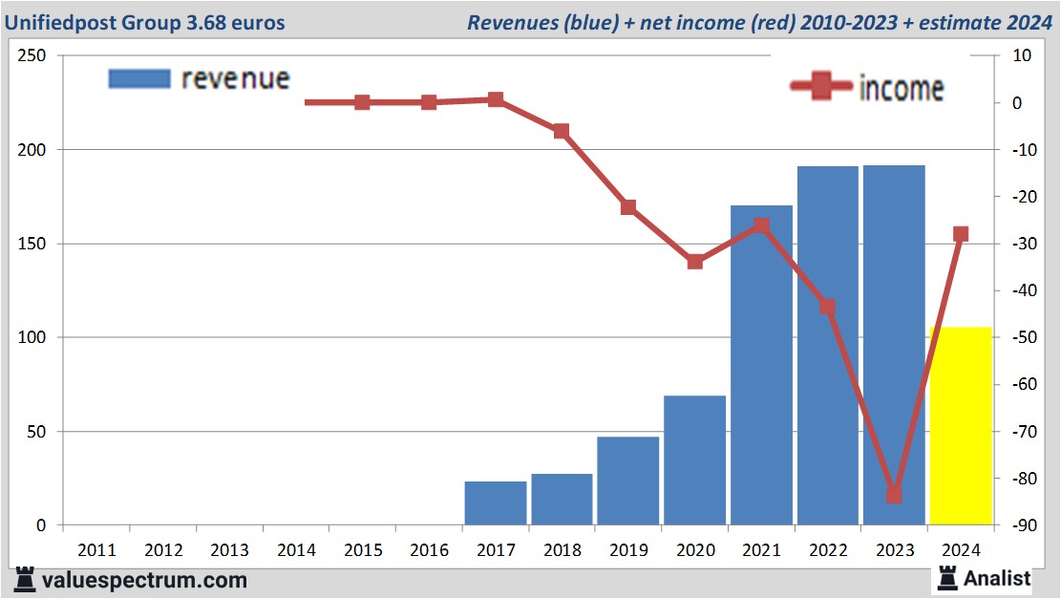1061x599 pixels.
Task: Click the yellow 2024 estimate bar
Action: (x=961, y=426)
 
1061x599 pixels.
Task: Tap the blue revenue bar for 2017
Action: (x=496, y=503)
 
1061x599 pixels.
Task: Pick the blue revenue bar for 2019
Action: (x=628, y=481)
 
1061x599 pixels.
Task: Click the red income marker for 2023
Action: (x=894, y=495)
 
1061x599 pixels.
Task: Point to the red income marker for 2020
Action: (x=695, y=262)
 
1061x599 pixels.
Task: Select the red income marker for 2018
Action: (x=562, y=131)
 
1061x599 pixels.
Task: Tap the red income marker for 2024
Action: (x=961, y=234)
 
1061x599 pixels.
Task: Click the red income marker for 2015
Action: (x=362, y=102)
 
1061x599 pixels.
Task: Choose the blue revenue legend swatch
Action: (x=139, y=78)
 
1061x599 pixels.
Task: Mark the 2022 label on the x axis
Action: (x=828, y=550)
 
